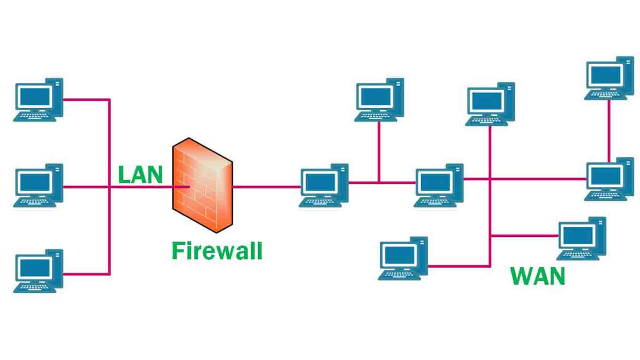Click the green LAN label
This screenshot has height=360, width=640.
[140, 175]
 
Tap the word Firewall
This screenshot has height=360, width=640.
[216, 250]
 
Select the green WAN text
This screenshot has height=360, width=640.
[537, 276]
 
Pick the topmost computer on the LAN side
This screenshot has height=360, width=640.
[38, 99]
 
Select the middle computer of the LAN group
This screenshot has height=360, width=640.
[38, 185]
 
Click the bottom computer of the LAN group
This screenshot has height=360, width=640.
[38, 271]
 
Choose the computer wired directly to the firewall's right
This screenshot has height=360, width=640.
[324, 185]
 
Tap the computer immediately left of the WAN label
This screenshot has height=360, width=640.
[403, 258]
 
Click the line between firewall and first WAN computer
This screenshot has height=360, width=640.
[266, 187]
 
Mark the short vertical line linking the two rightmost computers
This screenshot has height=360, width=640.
[609, 129]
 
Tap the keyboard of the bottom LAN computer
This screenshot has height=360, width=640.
[34, 287]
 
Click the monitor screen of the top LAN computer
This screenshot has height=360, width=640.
[34, 96]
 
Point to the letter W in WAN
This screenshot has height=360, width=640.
[521, 276]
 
